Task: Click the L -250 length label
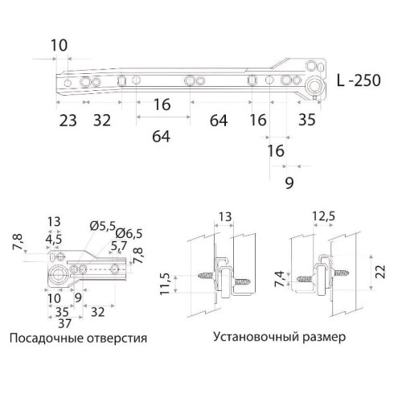[x=364, y=82]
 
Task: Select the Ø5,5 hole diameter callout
[x=104, y=225]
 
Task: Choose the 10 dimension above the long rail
[x=58, y=45]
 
